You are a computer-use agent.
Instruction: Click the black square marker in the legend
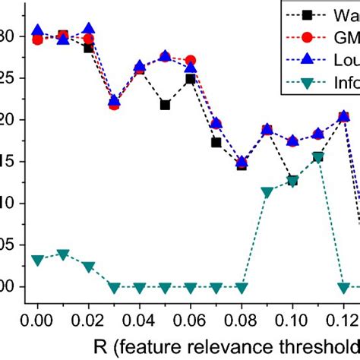point(307,14)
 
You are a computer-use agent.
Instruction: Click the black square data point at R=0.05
point(165,105)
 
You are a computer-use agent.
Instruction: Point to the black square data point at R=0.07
point(216,142)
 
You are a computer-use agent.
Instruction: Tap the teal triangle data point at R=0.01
point(63,254)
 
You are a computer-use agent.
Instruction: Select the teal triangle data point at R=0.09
point(267,192)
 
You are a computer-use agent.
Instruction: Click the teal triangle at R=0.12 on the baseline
point(343,287)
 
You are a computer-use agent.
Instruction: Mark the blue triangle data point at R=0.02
point(89,29)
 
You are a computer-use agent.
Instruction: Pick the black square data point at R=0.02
point(89,48)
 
